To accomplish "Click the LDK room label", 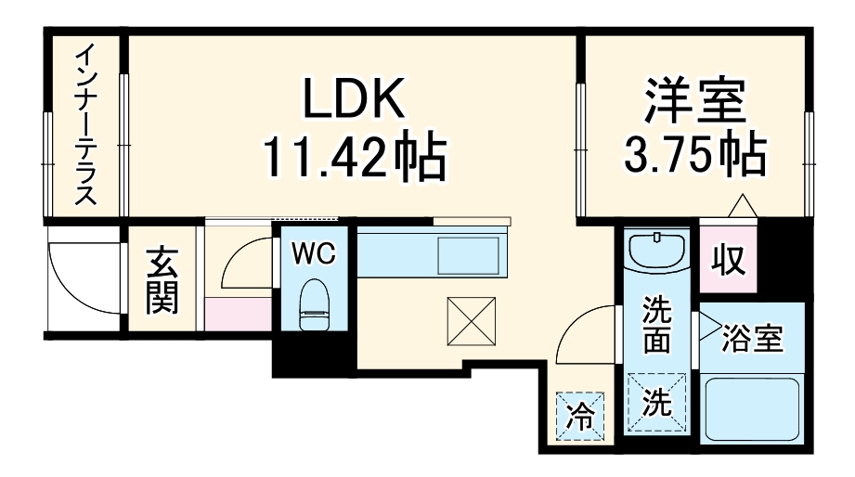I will click(x=354, y=99).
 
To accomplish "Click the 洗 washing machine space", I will click(x=657, y=403).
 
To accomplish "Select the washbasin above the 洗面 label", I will click(x=655, y=251).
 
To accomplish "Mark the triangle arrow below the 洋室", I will click(x=742, y=206).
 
